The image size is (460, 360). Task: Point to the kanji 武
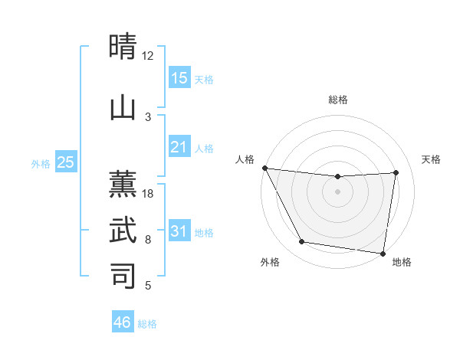click(123, 229)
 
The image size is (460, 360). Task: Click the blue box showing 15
click(179, 77)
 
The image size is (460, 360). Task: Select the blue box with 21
click(179, 146)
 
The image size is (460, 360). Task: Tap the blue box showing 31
click(179, 231)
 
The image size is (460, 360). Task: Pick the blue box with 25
click(66, 162)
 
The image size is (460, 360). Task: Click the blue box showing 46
click(123, 322)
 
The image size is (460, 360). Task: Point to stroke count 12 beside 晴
click(148, 55)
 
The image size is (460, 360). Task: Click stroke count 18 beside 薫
click(148, 194)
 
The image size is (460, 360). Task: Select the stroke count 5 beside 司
click(148, 286)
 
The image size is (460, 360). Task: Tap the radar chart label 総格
click(338, 100)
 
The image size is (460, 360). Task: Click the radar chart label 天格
click(431, 159)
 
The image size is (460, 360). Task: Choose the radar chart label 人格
click(245, 159)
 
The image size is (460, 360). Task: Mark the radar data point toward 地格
click(383, 253)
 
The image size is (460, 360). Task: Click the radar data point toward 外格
click(302, 242)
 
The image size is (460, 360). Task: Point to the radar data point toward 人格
click(264, 168)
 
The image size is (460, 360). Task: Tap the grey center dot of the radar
click(338, 191)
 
